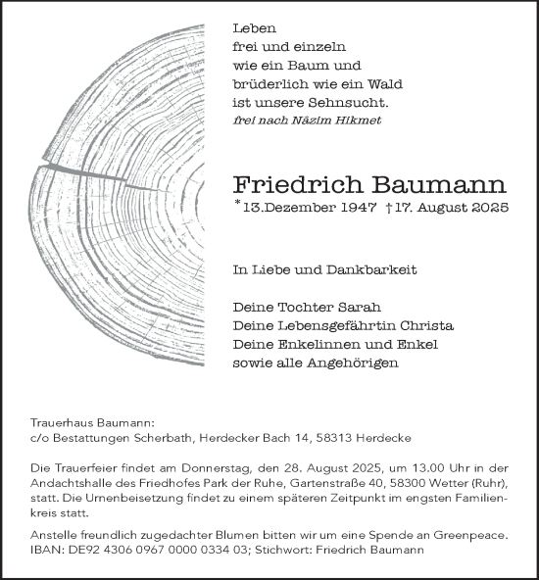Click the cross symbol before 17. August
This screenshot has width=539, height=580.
click(x=391, y=207)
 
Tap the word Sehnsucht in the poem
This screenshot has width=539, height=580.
click(x=355, y=103)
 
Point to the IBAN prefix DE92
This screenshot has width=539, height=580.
click(x=79, y=551)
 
